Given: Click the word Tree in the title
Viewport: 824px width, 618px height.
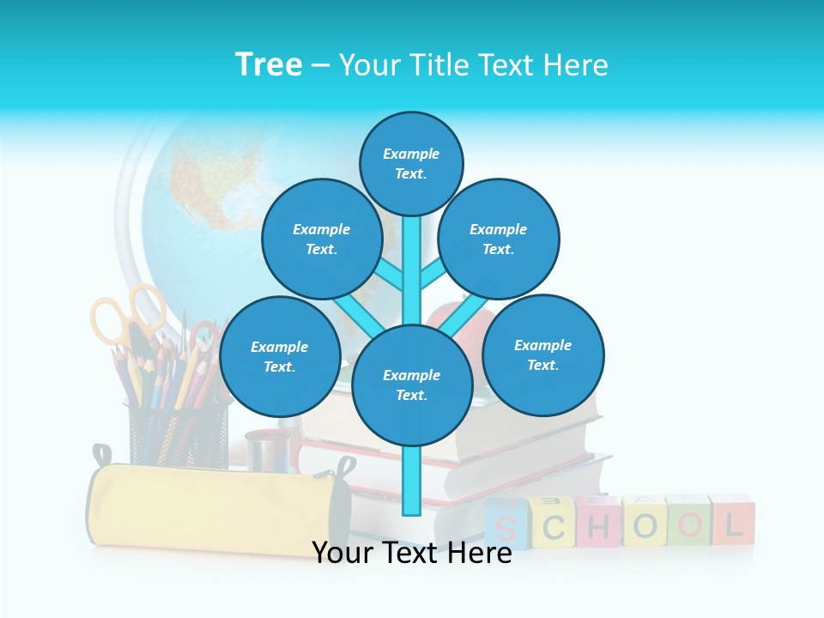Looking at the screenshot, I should click(x=269, y=65).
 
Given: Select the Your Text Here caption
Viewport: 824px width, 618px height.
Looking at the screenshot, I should click(x=411, y=553).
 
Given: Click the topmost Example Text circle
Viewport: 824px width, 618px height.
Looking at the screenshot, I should click(x=411, y=163).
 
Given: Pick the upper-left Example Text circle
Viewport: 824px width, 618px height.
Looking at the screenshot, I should click(x=321, y=239).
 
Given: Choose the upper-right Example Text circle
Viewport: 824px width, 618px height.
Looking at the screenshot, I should click(x=499, y=239).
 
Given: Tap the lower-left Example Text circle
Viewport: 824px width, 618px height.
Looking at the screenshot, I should click(x=280, y=356).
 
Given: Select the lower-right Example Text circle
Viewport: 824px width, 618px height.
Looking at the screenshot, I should click(x=542, y=354).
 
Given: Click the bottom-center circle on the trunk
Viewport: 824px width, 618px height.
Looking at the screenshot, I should click(x=412, y=385).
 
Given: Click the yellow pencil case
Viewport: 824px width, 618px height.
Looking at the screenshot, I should click(x=215, y=506).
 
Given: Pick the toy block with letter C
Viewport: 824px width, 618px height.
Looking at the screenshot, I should click(x=550, y=522).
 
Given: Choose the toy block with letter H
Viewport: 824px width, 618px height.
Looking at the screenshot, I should click(x=597, y=521).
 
